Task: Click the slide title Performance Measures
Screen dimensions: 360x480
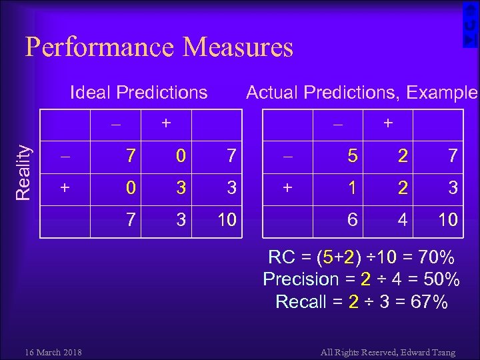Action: [x=159, y=47]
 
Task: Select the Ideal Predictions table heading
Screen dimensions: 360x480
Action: [x=139, y=92]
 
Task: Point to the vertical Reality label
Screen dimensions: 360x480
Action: [x=23, y=172]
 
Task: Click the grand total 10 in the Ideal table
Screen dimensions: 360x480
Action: [x=227, y=220]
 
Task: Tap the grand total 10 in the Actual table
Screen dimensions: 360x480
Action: [x=447, y=220]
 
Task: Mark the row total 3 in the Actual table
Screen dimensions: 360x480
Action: [x=453, y=188]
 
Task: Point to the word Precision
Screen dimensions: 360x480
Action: [x=301, y=279]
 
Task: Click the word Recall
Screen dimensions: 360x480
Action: [x=301, y=302]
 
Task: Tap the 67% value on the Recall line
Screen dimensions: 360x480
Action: [x=429, y=302]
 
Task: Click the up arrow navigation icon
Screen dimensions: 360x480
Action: [x=470, y=9]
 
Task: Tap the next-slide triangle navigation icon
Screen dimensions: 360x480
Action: [x=470, y=41]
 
